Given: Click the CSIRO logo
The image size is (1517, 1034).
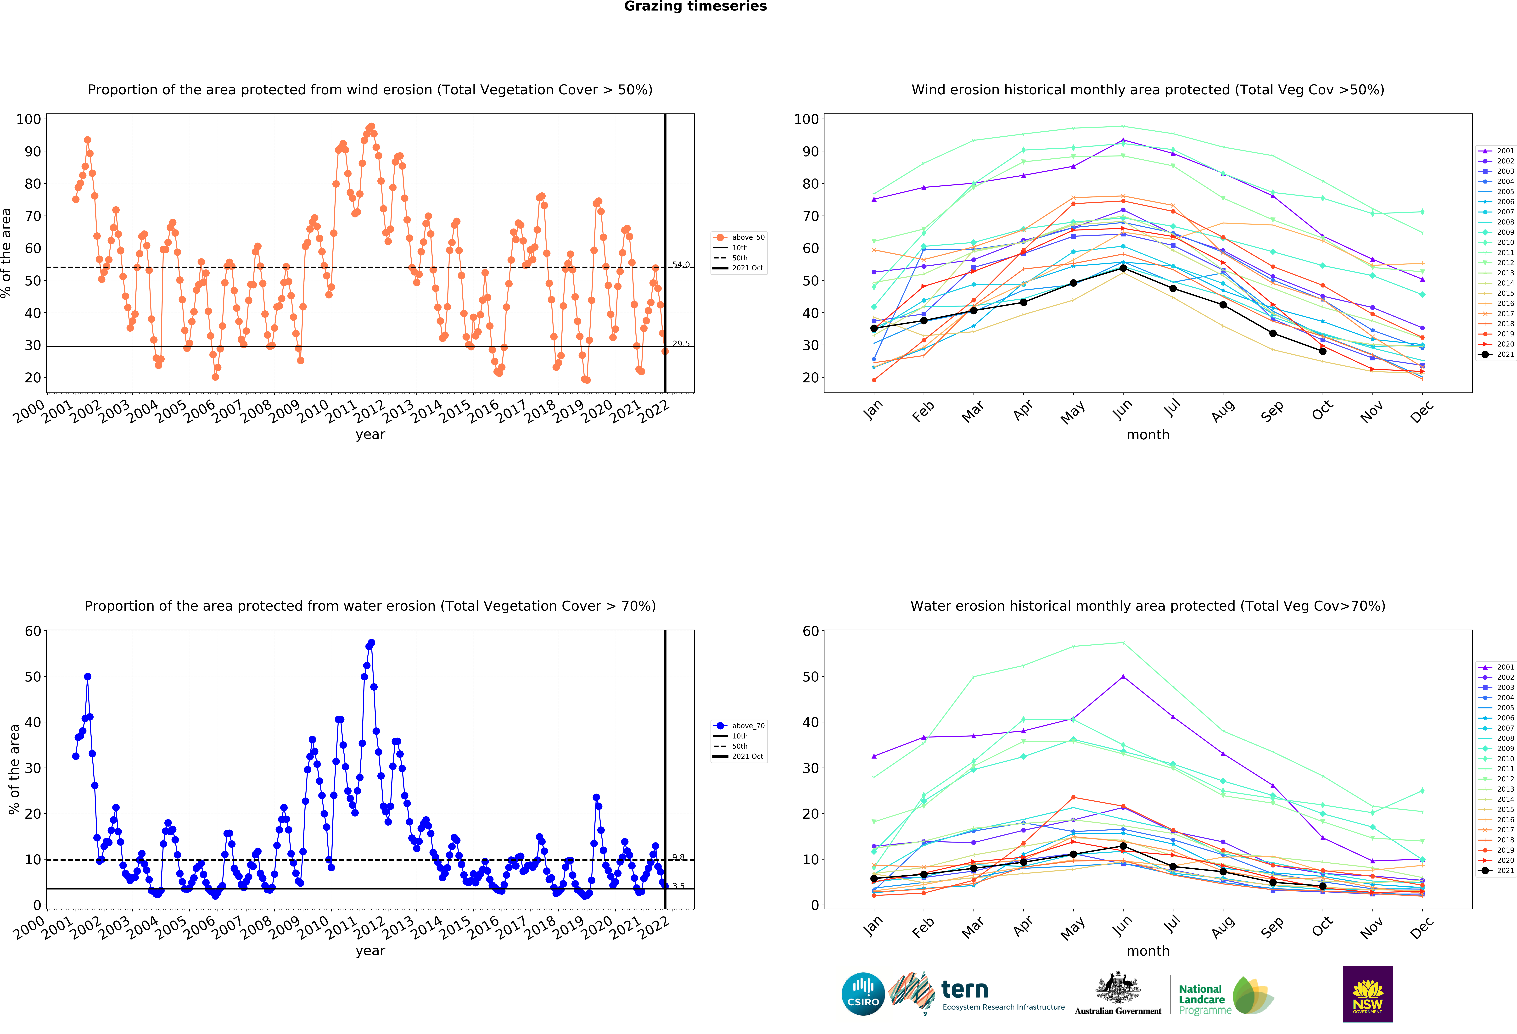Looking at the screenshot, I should pos(863,994).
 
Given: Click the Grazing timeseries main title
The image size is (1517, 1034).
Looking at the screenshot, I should pos(695,6).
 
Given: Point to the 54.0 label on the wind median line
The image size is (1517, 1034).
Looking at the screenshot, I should pos(681,264).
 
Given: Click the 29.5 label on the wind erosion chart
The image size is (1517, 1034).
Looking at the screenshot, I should pos(681,343).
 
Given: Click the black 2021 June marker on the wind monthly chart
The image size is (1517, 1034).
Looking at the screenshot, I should pos(1123,268).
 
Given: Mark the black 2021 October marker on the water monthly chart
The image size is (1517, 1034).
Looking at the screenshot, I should pos(1322,886).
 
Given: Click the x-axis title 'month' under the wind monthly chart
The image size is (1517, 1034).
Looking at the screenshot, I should pos(1148,435).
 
